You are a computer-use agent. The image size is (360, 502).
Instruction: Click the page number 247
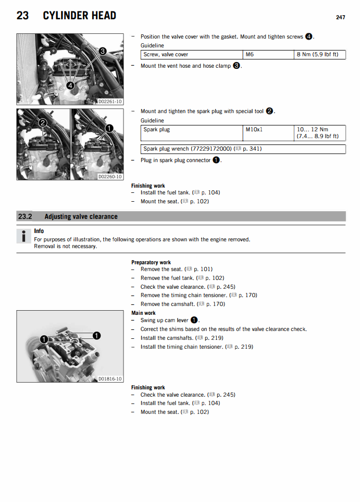tap(340, 17)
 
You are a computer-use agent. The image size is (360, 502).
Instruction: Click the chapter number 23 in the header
tap(22, 16)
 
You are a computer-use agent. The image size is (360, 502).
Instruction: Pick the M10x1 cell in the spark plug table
tap(254, 129)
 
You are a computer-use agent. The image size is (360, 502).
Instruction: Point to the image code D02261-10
tap(110, 101)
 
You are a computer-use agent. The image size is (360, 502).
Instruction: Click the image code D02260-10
tap(110, 177)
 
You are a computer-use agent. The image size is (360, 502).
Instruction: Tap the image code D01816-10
tap(110, 378)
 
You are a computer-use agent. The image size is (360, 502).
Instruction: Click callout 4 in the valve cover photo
tap(70, 85)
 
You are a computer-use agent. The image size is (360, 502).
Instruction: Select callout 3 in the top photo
tap(103, 51)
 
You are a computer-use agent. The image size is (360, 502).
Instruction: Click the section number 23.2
tap(25, 216)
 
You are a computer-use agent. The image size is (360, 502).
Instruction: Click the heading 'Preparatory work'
tap(151, 262)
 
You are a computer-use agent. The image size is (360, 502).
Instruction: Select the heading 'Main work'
tap(143, 313)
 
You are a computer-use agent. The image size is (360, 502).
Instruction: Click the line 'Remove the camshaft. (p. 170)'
tap(182, 304)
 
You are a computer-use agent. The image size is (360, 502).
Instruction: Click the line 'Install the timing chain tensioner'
tap(196, 347)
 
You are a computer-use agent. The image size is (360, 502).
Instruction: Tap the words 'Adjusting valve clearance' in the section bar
tap(81, 216)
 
